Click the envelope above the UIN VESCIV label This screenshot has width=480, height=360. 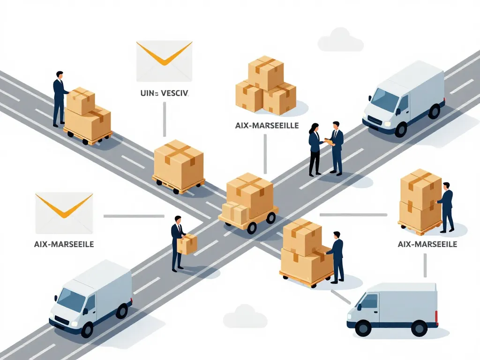click(x=164, y=60)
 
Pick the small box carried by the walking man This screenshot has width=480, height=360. click(x=187, y=244)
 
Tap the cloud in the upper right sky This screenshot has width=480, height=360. click(x=340, y=41)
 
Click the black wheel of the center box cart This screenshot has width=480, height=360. click(x=252, y=227)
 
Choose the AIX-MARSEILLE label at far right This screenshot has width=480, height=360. click(x=427, y=244)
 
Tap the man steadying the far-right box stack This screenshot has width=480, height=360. click(x=447, y=206)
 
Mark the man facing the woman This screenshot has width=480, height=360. click(x=336, y=148)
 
